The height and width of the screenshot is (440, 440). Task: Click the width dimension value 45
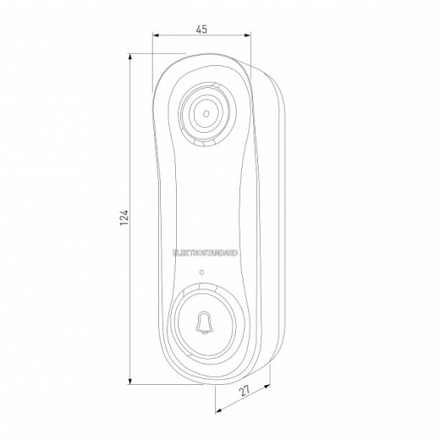[201, 28]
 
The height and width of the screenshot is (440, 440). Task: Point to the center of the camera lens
[206, 112]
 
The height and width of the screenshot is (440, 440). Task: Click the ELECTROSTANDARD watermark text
[206, 252]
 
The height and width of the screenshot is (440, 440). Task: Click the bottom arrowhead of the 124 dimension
[132, 381]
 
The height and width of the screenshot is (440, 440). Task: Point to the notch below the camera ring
[204, 146]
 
